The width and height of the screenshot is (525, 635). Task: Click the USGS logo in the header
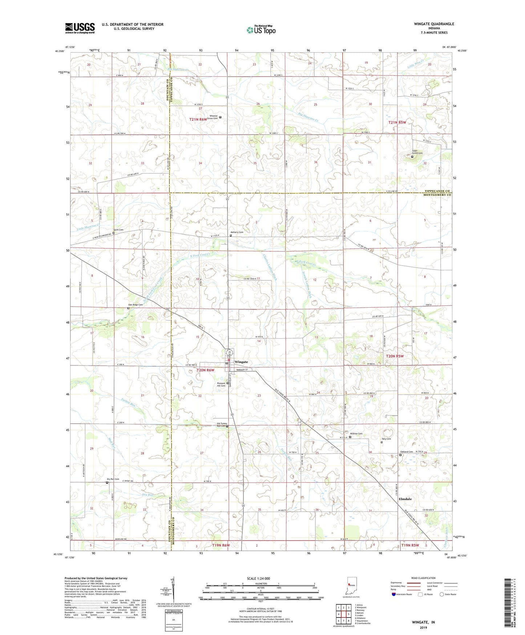pos(80,28)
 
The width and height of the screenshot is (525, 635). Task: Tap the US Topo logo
pos(261,30)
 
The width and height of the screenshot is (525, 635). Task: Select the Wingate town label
pos(241,362)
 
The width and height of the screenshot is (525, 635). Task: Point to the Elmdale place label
pos(405,499)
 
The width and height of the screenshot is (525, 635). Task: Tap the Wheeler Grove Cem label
pos(213,117)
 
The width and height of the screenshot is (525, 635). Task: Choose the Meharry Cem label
pos(237,232)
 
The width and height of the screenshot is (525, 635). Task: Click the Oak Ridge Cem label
pos(135,305)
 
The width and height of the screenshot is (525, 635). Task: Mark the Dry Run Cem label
pos(113,479)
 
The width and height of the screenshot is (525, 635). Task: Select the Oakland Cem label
pos(406,452)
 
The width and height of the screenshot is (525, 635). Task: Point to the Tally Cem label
pos(386,439)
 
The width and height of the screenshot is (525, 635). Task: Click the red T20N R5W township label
pos(395,356)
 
